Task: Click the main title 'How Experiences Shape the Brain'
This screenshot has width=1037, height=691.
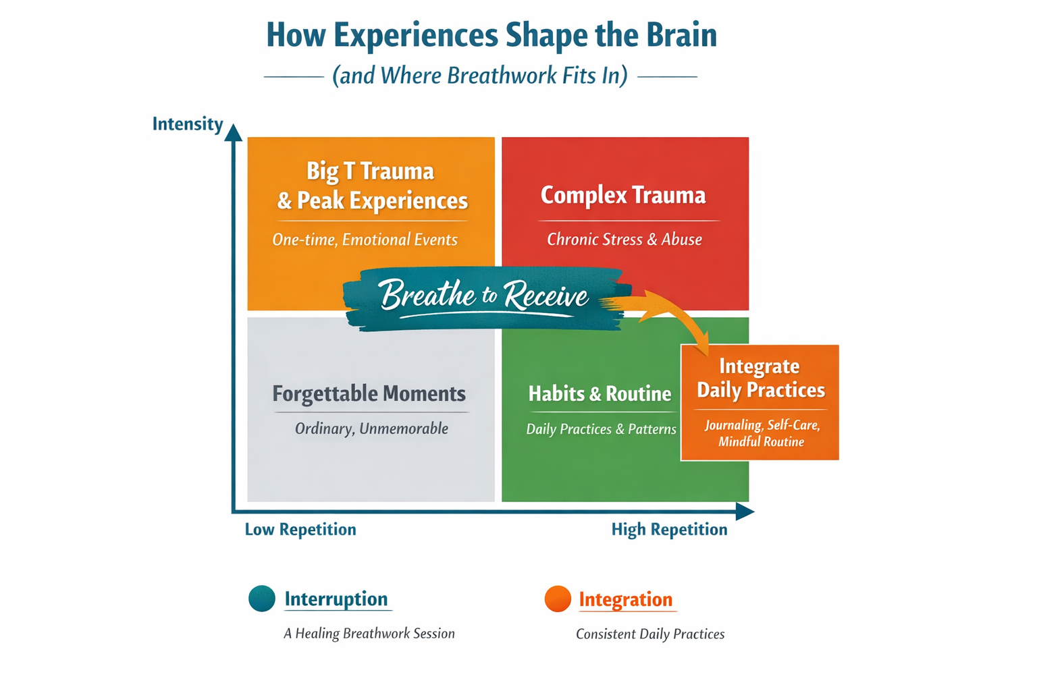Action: pos(491,35)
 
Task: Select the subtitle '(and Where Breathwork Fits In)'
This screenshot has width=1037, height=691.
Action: pos(480,76)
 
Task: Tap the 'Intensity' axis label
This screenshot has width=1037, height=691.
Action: pos(187,124)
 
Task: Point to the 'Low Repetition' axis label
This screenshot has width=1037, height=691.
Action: pos(300,530)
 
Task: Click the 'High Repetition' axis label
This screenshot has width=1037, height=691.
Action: pos(669,530)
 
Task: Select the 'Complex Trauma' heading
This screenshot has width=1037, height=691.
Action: pos(623,196)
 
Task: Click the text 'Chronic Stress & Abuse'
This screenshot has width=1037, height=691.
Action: pos(624,240)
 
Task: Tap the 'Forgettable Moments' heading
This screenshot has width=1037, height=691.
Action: pos(369,394)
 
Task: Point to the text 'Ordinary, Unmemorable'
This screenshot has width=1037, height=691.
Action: pos(371,429)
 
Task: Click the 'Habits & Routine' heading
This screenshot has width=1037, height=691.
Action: pos(600,394)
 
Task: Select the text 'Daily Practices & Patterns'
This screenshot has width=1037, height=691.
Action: pos(601,430)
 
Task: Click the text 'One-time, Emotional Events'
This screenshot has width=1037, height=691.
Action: pos(365,240)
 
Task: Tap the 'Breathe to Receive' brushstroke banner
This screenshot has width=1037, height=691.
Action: pos(483,297)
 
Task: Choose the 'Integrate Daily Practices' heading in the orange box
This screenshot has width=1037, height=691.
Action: pos(760,379)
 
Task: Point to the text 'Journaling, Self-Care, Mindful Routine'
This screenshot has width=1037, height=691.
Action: pos(762,433)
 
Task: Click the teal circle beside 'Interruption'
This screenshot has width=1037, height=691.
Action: pos(262,599)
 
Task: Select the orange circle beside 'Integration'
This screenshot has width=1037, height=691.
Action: pos(558,599)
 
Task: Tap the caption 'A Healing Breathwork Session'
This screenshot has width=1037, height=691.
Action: pos(369,634)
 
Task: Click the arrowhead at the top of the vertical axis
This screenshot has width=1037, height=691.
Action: pos(234,132)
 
